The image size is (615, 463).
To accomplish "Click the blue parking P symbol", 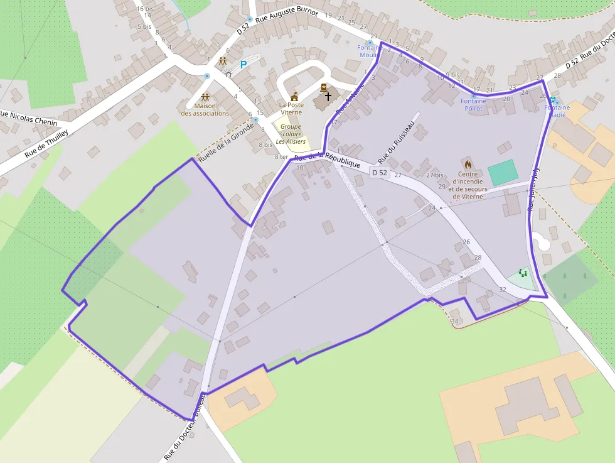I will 243,65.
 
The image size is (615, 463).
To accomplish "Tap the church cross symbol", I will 328,97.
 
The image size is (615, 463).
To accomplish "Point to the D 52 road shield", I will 380,172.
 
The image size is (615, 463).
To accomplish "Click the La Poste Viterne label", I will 291,108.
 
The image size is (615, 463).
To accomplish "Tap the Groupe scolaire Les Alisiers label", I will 291,134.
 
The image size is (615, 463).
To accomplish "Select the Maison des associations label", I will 205,109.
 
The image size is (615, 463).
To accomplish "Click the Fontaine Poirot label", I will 473,104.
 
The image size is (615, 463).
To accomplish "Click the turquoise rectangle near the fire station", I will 503,172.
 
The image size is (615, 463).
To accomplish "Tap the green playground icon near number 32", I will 523,273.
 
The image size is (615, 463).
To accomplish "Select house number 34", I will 455,322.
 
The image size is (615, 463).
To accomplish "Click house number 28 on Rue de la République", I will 478,258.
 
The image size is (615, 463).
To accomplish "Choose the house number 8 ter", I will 281,157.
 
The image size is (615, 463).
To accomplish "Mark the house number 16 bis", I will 144,8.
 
